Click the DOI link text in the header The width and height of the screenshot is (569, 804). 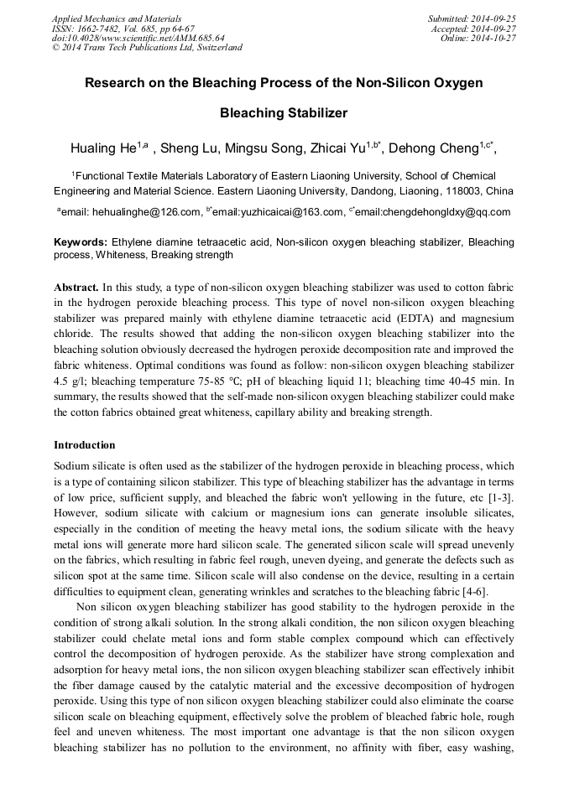click(138, 38)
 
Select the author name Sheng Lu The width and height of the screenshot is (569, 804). click(189, 148)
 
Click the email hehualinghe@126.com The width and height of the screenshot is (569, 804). click(146, 212)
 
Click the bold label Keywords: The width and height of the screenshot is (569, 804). click(81, 242)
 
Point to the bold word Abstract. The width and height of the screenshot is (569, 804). click(76, 287)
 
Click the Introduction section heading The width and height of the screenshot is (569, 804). click(85, 444)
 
